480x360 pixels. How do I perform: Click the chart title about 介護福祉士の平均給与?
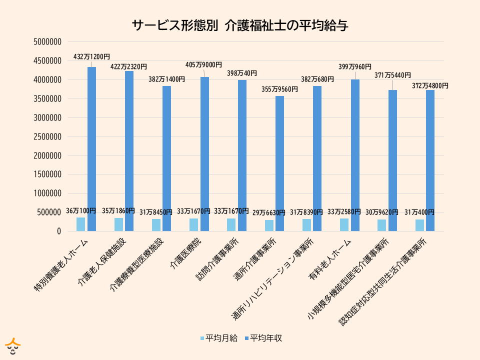(240, 26)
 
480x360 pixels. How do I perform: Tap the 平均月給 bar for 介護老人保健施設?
(118, 224)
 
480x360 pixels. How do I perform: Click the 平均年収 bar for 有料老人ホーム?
(355, 155)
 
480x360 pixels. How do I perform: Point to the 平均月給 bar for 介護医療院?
(194, 225)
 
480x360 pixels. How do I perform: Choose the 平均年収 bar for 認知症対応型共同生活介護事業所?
(430, 160)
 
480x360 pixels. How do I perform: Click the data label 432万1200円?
(91, 57)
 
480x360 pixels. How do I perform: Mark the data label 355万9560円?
(280, 89)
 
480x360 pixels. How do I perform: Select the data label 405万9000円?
(203, 64)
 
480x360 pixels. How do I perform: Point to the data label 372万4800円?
(430, 85)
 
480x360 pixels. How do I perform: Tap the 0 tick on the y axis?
(58, 231)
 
